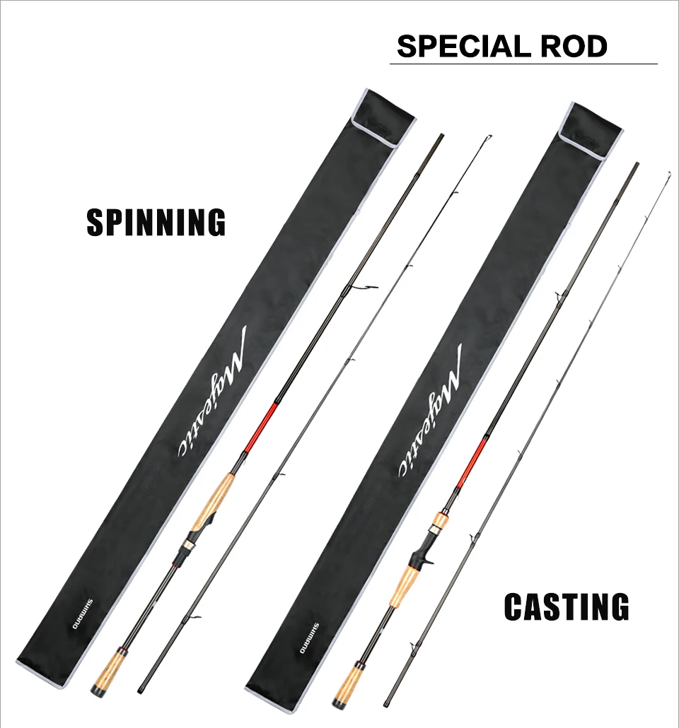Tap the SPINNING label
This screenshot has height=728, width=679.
tap(156, 222)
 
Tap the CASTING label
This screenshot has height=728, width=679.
tap(567, 607)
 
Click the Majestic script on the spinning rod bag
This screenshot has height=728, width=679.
tap(213, 400)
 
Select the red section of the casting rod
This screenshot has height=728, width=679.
tap(472, 462)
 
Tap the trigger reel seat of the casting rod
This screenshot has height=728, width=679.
tap(423, 548)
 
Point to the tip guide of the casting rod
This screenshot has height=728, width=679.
tap(668, 173)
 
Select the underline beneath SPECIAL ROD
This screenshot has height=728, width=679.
tap(523, 64)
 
